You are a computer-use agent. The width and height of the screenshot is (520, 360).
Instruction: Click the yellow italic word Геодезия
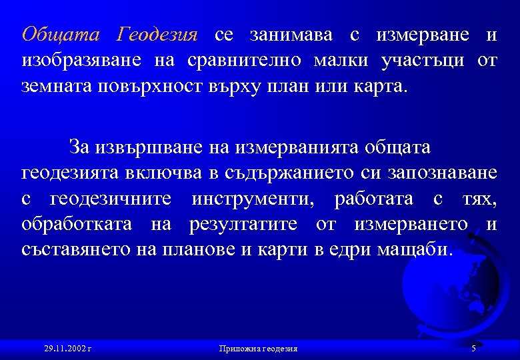(x=157, y=35)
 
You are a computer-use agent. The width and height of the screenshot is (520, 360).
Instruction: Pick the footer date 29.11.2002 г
(x=67, y=348)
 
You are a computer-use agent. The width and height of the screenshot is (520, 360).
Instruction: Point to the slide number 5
(x=473, y=348)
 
